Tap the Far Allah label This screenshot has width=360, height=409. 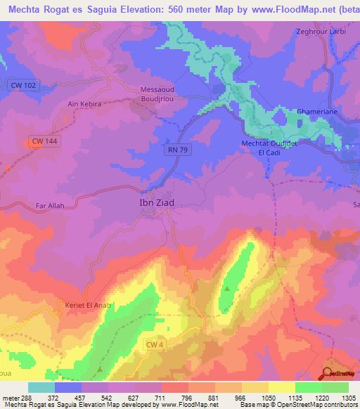[50, 206]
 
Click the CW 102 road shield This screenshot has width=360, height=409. [24, 85]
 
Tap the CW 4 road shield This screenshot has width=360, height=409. [156, 344]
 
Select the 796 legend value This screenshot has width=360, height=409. [188, 397]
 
